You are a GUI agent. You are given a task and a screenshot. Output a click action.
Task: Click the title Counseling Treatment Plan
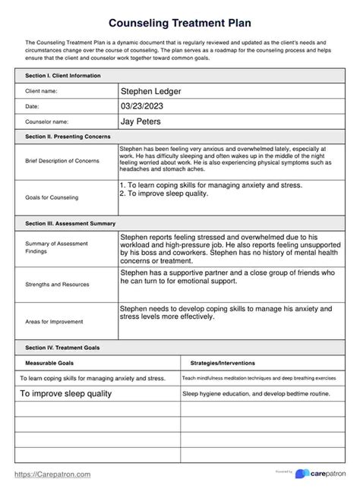(x=179, y=24)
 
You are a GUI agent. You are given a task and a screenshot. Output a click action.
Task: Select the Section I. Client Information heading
(x=62, y=76)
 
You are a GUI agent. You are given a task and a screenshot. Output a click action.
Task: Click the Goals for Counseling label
(x=52, y=197)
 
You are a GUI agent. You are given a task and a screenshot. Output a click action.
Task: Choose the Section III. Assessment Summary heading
(x=70, y=224)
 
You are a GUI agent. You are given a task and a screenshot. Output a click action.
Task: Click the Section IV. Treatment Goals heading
(x=62, y=347)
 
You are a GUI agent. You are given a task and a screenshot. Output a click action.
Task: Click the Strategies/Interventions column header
(x=223, y=363)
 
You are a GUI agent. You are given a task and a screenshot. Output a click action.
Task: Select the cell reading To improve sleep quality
(x=66, y=394)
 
